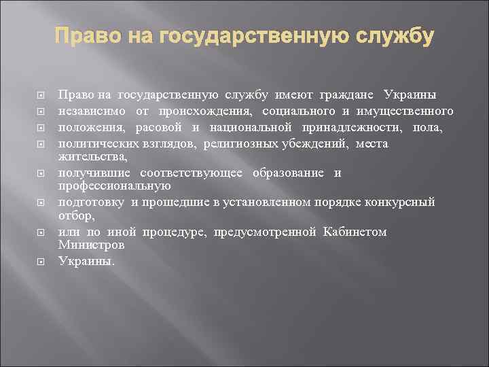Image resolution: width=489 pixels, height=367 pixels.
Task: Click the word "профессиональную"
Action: (x=115, y=185)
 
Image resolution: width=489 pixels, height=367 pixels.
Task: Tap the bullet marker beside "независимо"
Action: (x=41, y=111)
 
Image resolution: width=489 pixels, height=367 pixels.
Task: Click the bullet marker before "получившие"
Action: (x=41, y=173)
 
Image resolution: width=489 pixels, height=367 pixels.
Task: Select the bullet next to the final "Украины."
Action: (x=41, y=260)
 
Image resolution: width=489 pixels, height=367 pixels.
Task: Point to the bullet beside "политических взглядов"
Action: (x=41, y=143)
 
